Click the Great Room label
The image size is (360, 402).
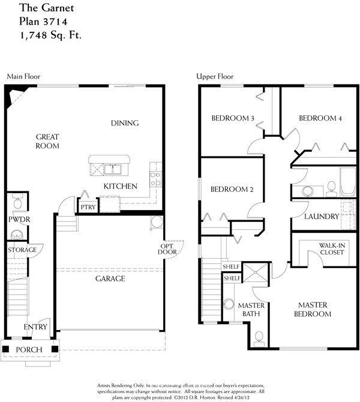pos(47,141)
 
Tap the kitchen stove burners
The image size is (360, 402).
pos(155,178)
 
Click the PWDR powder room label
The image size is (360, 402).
pos(19,220)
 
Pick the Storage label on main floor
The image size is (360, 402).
pos(22,250)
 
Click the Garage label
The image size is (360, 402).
pos(109,278)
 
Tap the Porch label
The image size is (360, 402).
pos(29,349)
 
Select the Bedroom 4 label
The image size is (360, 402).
pos(320,118)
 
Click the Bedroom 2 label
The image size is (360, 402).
pos(232,190)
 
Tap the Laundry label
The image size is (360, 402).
pos(322,216)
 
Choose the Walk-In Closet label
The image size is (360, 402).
pos(331,248)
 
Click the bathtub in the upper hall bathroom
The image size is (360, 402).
pos(349,182)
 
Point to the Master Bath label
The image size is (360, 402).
pos(251,310)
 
